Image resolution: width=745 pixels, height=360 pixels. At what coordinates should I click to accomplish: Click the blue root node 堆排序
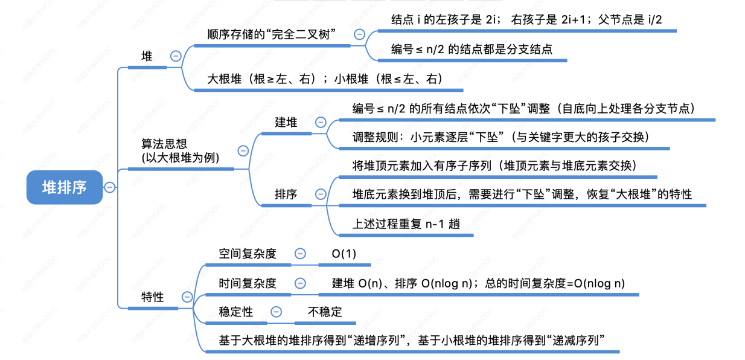[x=64, y=187]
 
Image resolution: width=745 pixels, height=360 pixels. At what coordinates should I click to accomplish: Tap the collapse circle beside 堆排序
[x=110, y=187]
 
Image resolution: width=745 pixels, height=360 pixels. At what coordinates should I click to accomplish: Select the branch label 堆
[x=147, y=56]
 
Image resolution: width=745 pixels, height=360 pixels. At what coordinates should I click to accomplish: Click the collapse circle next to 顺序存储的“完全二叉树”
[x=360, y=34]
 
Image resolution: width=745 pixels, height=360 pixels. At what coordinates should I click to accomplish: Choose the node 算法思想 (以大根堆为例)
[x=180, y=150]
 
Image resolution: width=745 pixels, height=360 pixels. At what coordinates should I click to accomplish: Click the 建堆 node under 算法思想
[x=286, y=122]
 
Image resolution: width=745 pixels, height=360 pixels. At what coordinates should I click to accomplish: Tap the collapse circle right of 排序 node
[x=321, y=194]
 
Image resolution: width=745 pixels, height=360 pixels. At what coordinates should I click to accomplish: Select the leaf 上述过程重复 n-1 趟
[x=406, y=223]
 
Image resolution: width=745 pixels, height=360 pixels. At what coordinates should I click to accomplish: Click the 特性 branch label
[x=152, y=297]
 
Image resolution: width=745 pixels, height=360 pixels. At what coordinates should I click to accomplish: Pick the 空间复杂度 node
[x=248, y=254]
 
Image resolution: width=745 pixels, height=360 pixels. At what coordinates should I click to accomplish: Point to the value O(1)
[x=344, y=254]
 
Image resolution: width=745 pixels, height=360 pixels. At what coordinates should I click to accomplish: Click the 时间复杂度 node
[x=248, y=283]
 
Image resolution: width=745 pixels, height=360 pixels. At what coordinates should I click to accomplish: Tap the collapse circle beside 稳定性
[x=277, y=312]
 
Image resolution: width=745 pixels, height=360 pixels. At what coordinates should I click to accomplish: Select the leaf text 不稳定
[x=325, y=312]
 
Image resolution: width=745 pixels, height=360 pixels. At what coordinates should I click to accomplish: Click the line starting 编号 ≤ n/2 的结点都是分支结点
[x=472, y=50]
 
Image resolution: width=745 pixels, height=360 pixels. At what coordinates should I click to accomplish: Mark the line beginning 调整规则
[x=500, y=137]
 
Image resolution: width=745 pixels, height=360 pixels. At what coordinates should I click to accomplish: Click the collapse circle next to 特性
[x=187, y=297]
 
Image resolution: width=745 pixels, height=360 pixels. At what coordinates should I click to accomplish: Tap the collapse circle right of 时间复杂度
[x=300, y=283]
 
